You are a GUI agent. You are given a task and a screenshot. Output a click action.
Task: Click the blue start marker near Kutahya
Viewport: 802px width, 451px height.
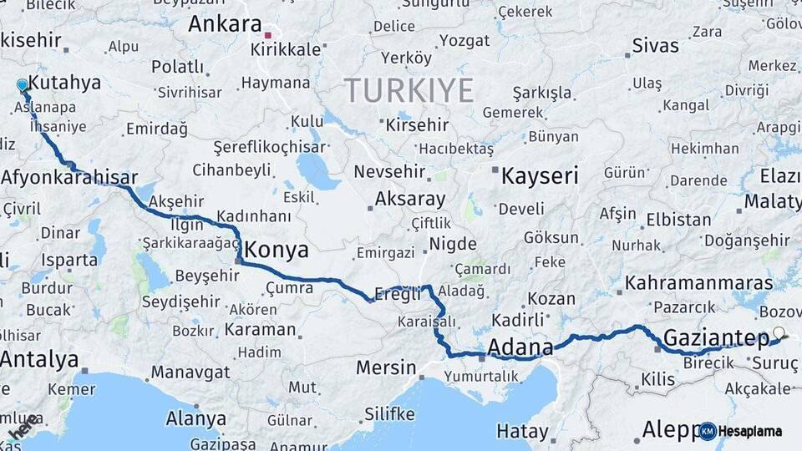22,85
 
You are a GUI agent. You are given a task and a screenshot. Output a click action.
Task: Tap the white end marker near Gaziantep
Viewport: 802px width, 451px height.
779,332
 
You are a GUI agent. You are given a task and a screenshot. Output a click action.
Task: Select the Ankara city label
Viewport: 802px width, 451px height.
225,23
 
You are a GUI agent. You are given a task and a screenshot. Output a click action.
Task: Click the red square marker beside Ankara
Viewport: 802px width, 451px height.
267,36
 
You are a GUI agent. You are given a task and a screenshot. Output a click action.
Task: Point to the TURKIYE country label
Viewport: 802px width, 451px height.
409,89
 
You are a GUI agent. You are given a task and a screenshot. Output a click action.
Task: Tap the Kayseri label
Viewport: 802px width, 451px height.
539,175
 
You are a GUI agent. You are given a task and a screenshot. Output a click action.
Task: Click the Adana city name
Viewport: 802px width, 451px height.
520,347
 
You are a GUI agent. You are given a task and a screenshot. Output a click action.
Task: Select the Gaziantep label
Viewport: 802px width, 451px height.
716,338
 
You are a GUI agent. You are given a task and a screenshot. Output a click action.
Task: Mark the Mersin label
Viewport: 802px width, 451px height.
385,367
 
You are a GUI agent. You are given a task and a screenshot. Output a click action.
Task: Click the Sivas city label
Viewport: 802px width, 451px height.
655,45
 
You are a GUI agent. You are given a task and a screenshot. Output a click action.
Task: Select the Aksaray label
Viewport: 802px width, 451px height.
409,199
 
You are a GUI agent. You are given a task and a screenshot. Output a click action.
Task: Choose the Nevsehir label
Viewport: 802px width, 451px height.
389,172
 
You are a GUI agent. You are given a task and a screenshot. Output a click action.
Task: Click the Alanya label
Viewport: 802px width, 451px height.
196,418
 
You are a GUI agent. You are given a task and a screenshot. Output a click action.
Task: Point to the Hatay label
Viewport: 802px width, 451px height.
522,432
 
